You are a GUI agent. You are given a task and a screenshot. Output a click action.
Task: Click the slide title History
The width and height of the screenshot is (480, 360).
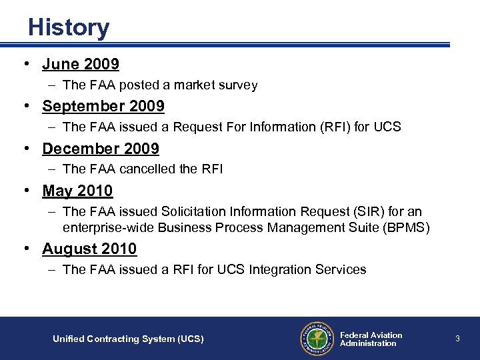[69, 28]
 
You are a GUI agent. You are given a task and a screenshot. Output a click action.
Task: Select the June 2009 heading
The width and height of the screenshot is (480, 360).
[81, 64]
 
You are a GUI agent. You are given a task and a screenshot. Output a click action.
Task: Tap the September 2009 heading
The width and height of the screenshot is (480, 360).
[103, 106]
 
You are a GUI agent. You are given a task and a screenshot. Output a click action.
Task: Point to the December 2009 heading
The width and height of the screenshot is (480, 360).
[101, 149]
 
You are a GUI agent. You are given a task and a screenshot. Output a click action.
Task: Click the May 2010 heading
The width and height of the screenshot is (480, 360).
[77, 191]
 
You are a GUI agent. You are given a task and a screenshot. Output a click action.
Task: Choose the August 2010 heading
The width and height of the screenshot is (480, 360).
[89, 249]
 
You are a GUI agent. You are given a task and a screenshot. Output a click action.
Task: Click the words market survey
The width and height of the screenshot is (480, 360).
[219, 85]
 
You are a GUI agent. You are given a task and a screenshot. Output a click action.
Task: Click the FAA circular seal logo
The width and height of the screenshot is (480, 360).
[316, 339]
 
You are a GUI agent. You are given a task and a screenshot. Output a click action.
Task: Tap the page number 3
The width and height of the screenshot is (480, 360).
[457, 339]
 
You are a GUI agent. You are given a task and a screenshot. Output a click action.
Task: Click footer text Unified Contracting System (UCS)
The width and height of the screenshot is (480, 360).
[128, 339]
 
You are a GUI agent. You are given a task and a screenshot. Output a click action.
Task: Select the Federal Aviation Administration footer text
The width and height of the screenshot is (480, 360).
[371, 339]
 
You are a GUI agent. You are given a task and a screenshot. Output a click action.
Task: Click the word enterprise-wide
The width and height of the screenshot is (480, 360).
[106, 227]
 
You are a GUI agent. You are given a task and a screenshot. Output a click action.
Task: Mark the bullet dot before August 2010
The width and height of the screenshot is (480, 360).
[25, 249]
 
